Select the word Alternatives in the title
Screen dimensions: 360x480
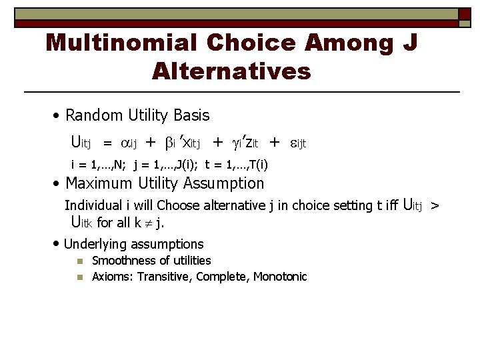231,70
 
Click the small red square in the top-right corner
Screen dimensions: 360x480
465,14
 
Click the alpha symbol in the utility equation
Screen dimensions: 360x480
126,142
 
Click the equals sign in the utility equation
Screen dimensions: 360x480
107,142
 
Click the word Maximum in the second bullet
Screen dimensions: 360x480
99,183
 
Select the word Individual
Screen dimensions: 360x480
93,205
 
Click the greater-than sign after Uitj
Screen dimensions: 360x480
435,206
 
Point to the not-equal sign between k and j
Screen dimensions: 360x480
147,223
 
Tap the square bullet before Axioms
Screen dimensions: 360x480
79,277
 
